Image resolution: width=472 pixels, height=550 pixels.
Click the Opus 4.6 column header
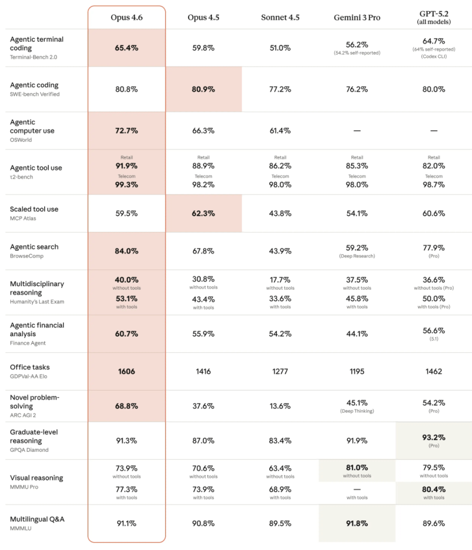(x=126, y=17)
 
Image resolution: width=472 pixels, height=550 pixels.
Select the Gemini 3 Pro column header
(x=357, y=17)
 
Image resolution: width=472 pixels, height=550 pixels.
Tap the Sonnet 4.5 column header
(x=280, y=17)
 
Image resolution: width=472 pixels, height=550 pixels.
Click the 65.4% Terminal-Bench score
(x=126, y=48)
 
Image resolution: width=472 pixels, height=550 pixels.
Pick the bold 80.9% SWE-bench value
(x=203, y=89)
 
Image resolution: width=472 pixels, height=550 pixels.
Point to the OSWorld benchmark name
(x=21, y=140)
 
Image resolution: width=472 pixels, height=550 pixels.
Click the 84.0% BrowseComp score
(x=126, y=251)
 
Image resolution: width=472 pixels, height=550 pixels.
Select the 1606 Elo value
(x=126, y=371)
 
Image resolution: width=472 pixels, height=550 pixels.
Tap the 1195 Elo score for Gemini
(x=357, y=371)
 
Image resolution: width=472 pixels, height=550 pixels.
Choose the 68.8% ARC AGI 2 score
(x=126, y=406)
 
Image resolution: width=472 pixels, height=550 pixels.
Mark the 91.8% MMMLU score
(x=357, y=523)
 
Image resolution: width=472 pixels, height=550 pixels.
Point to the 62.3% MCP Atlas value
(x=203, y=213)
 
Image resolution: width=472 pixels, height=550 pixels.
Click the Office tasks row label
(x=30, y=367)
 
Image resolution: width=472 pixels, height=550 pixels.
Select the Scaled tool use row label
(x=34, y=209)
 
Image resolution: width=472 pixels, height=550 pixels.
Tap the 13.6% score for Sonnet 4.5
(x=280, y=406)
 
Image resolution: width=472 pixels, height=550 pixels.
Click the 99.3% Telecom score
(x=126, y=184)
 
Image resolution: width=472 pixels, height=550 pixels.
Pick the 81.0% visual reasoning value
(x=357, y=468)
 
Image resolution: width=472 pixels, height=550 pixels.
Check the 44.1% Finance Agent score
(x=357, y=334)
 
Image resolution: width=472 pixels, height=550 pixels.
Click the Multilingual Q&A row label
(x=37, y=519)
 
